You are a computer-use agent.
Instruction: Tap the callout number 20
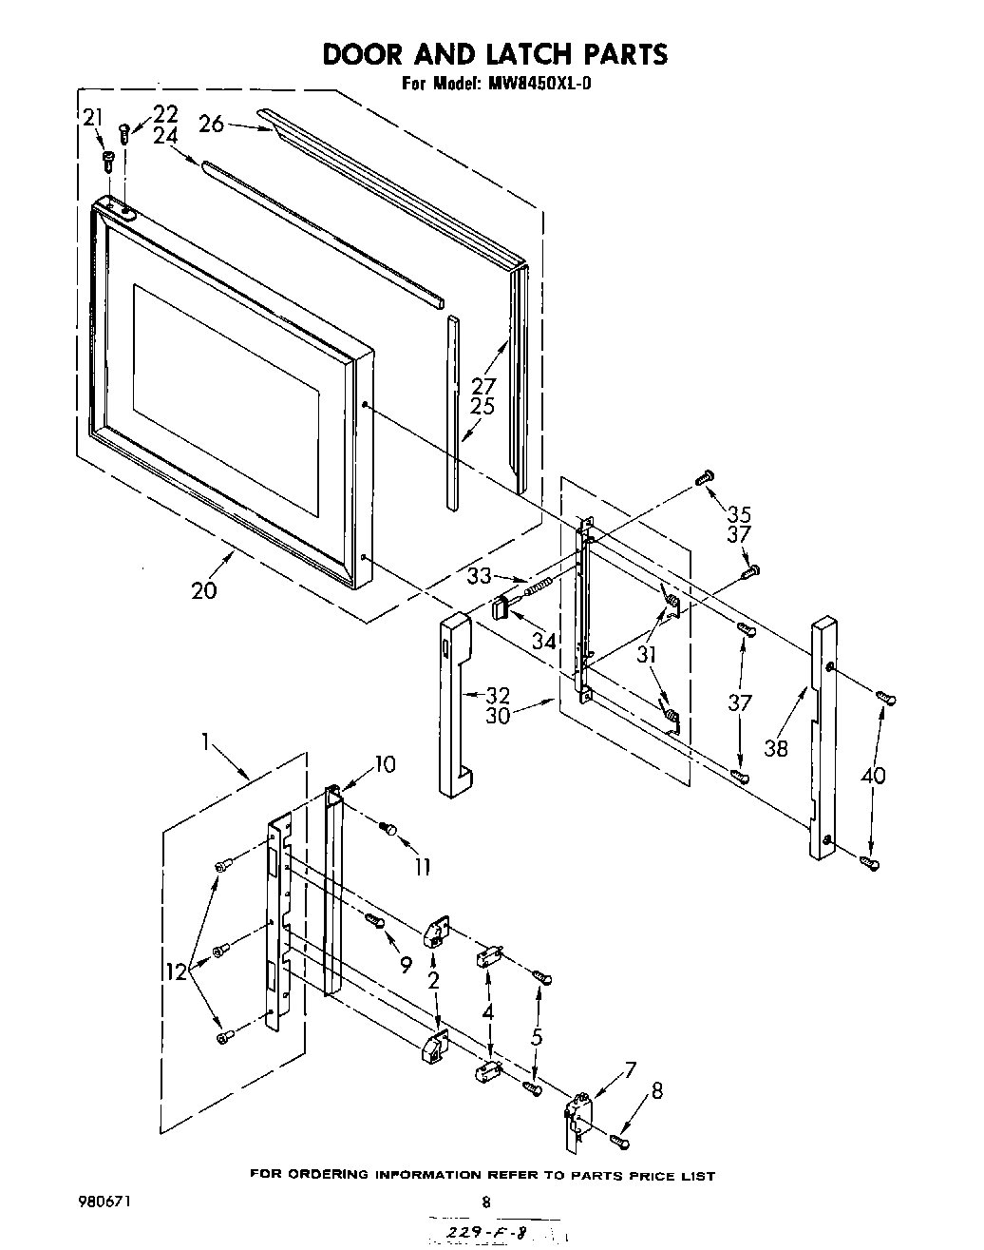(203, 589)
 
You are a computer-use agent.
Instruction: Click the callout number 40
(872, 776)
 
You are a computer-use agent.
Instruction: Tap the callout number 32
(498, 695)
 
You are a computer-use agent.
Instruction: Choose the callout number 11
(421, 866)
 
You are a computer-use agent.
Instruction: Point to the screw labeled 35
(705, 477)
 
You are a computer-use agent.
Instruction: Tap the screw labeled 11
(388, 829)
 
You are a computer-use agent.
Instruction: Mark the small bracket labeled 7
(578, 1118)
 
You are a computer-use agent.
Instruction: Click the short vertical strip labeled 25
(453, 409)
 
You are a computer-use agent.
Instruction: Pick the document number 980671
(104, 1202)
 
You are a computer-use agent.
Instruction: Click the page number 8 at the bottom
(485, 1202)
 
